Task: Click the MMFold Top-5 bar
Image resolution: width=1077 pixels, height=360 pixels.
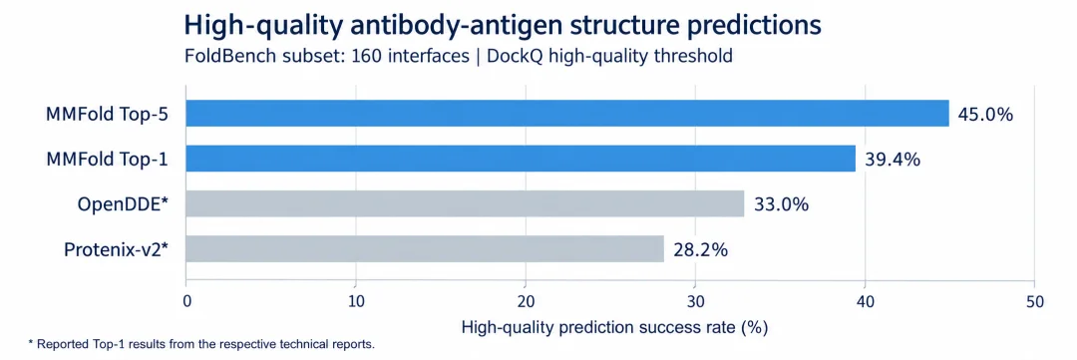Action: (x=567, y=114)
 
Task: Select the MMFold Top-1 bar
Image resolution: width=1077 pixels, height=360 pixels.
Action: (x=521, y=159)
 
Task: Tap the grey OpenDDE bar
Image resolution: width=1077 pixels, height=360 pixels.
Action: (x=465, y=204)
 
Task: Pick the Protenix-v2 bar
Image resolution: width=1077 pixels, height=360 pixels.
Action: (x=425, y=248)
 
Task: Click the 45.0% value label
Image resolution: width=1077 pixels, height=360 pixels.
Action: (x=985, y=115)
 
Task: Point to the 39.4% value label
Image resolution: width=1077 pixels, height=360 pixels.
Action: (x=893, y=160)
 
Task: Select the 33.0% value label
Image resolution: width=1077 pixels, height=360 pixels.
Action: (x=782, y=204)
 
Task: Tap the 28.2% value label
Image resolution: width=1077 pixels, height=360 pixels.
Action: (x=701, y=249)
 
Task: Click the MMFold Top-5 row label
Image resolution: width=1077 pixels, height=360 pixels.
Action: (x=108, y=114)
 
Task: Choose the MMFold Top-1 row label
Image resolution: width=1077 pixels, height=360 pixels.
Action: (x=108, y=160)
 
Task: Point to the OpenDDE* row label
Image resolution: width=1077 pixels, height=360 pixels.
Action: (x=124, y=204)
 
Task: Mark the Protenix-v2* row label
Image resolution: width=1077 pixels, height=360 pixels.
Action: (x=116, y=250)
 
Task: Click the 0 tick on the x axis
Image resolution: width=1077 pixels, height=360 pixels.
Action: (x=186, y=301)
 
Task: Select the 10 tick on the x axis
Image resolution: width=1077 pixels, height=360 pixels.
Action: (x=356, y=301)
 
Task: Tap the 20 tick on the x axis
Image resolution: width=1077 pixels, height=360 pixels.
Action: (x=526, y=301)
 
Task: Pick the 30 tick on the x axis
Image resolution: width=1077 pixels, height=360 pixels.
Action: (x=695, y=301)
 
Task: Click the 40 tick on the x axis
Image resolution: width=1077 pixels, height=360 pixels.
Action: (x=865, y=301)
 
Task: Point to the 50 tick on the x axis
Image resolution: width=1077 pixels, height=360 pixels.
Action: (x=1034, y=301)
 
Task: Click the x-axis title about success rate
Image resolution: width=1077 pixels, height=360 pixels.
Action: (x=614, y=328)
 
